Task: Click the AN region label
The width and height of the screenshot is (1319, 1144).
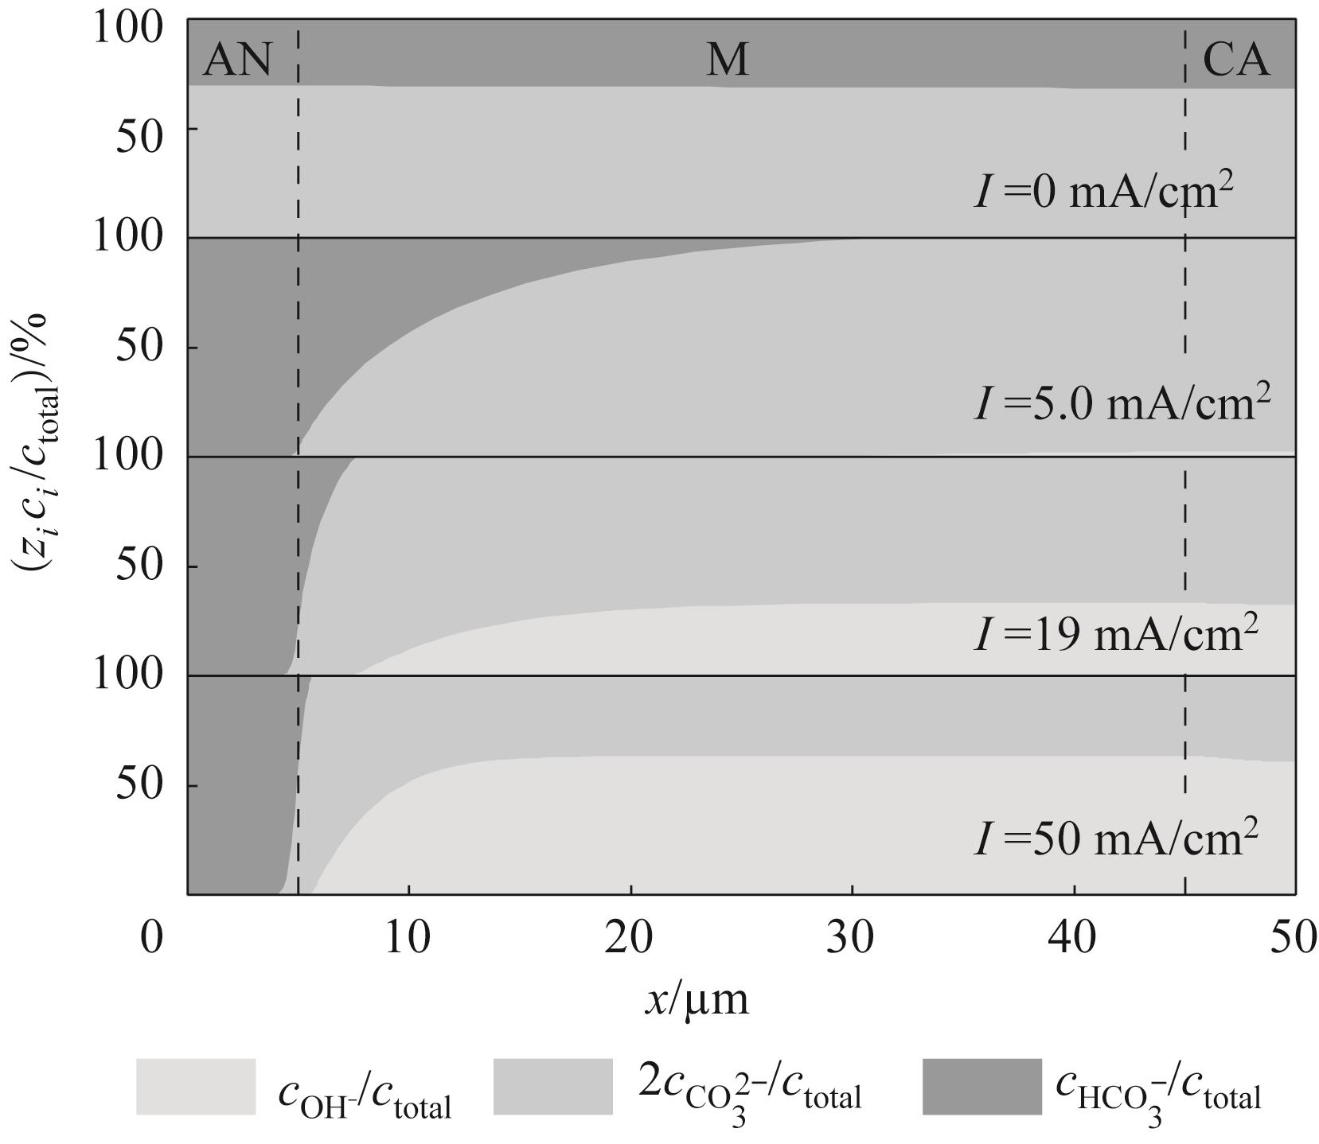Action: (237, 60)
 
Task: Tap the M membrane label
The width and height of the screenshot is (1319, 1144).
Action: (728, 60)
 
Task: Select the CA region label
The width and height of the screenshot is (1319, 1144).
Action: (1235, 60)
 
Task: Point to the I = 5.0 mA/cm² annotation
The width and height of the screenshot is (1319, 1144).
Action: (1122, 403)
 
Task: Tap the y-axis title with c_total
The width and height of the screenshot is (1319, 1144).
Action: (33, 442)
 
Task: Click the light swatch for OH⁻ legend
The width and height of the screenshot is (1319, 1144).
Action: (196, 1087)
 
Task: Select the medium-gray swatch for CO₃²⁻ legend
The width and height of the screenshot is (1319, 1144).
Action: (553, 1087)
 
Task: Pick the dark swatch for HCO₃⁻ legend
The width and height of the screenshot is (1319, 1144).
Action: (981, 1087)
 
